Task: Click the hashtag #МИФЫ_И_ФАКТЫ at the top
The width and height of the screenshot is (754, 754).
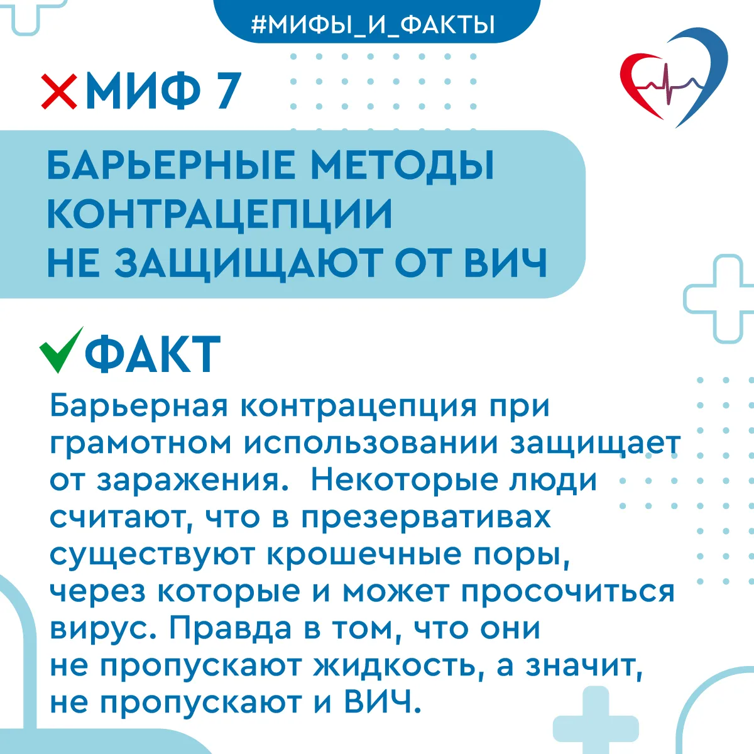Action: (x=373, y=25)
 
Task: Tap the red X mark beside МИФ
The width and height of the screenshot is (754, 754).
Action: (x=59, y=91)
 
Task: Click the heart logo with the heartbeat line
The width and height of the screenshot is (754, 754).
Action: (x=674, y=77)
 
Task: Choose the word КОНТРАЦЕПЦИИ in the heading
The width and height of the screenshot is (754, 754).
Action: (x=219, y=215)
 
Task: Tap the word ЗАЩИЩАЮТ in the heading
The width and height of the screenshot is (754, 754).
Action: (x=249, y=264)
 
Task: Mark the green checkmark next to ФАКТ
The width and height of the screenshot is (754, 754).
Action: (x=61, y=350)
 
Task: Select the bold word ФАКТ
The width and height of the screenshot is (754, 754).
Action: (x=153, y=354)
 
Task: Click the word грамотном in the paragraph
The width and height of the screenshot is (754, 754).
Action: (x=141, y=444)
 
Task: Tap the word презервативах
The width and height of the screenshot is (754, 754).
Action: (x=426, y=519)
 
